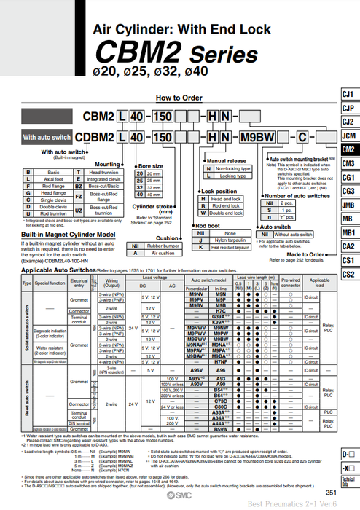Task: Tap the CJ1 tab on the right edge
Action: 348,95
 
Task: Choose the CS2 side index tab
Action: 348,274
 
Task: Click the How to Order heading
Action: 179,97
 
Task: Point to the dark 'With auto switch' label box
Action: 46,137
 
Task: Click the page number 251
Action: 331,493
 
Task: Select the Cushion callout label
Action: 168,238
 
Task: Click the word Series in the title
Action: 223,55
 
